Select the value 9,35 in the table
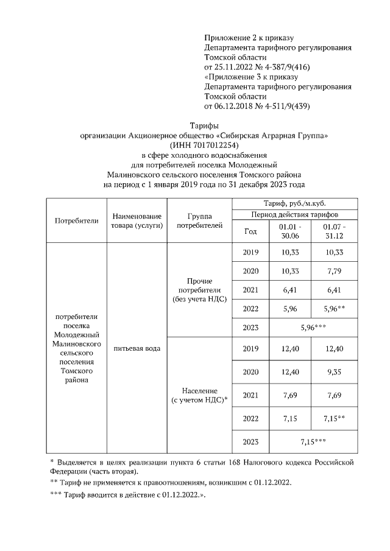[332, 371]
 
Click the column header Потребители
[76, 220]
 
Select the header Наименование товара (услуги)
[136, 220]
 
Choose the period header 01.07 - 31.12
[332, 231]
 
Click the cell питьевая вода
[136, 348]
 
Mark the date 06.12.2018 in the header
[236, 107]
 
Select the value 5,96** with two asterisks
[332, 309]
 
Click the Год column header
[250, 231]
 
